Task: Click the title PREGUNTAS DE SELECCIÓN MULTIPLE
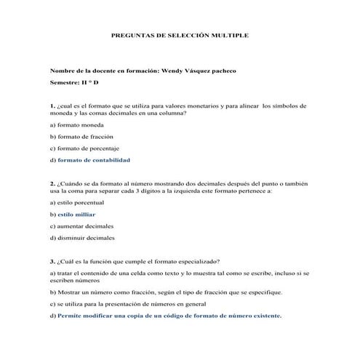click(179, 34)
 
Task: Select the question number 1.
click(52, 105)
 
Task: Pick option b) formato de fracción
click(81, 136)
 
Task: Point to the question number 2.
click(52, 183)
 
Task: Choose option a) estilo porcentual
click(77, 203)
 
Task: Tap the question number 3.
click(52, 261)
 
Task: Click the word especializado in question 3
click(196, 261)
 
